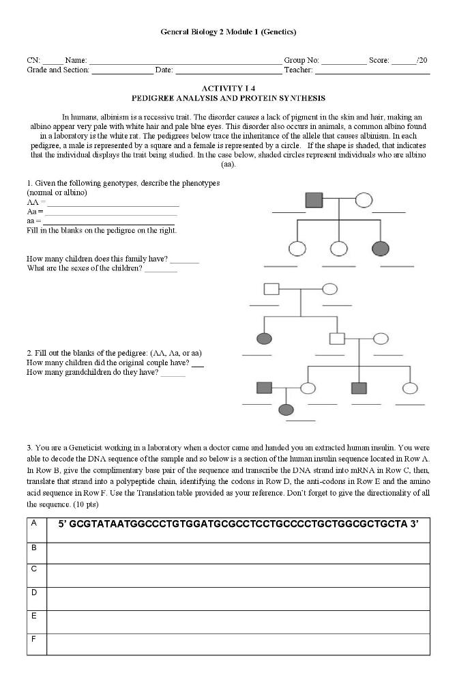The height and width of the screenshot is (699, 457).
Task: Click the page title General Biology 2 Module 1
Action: [x=228, y=31]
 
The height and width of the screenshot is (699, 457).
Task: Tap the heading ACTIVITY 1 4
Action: [x=228, y=89]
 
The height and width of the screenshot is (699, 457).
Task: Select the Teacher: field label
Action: [x=298, y=70]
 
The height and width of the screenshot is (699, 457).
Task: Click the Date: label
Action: [x=164, y=70]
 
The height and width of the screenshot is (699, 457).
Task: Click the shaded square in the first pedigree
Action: [x=313, y=200]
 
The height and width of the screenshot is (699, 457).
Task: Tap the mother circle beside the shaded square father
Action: [x=364, y=200]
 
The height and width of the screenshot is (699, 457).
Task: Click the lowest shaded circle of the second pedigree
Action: [x=286, y=410]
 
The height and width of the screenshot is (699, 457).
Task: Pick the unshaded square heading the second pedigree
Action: [x=271, y=289]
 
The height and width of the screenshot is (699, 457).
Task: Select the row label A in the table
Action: [x=33, y=523]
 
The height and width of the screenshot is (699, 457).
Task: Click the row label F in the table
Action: [x=33, y=639]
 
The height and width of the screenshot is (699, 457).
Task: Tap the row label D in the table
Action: [x=33, y=593]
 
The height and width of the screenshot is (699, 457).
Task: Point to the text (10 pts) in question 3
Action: [x=83, y=504]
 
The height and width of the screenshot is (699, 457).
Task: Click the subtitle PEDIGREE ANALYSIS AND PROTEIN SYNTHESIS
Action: [x=228, y=98]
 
